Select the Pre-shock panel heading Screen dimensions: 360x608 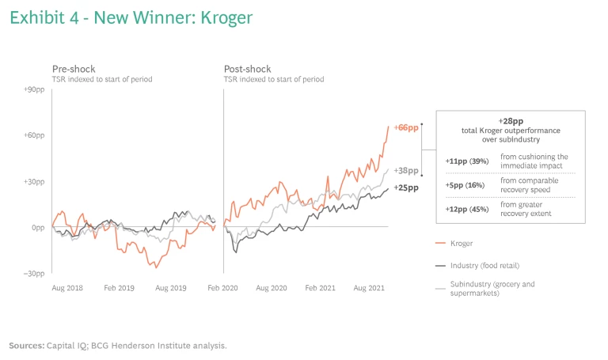pos(74,69)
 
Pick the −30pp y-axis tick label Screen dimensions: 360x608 pos(33,273)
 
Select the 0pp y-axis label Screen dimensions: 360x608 pos(37,227)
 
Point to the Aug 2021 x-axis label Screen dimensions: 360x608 pos(370,289)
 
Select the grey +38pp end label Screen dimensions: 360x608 pos(405,171)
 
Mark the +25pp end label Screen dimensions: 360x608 pos(405,188)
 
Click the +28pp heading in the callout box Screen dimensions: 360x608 pos(511,121)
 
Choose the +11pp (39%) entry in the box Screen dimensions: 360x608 pos(467,161)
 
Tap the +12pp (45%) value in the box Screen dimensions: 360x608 pos(467,209)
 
